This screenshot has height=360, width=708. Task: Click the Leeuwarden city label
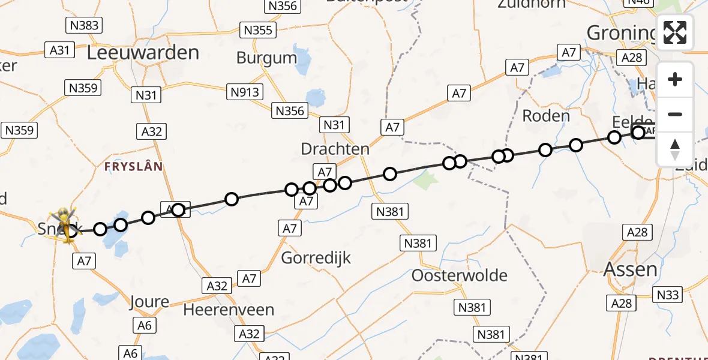tap(143, 53)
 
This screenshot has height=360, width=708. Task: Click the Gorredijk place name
tap(316, 258)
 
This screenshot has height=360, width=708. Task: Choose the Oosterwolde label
tap(460, 276)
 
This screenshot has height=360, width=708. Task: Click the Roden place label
tap(545, 116)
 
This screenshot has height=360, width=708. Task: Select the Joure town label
tap(149, 302)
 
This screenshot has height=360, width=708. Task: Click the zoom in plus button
tap(675, 80)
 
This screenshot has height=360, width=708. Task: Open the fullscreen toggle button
tap(675, 32)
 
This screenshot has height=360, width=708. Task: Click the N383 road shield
tap(83, 25)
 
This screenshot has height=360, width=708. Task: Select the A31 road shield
tap(59, 50)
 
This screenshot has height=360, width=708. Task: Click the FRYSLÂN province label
tap(134, 166)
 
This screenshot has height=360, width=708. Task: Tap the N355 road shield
tap(257, 30)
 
